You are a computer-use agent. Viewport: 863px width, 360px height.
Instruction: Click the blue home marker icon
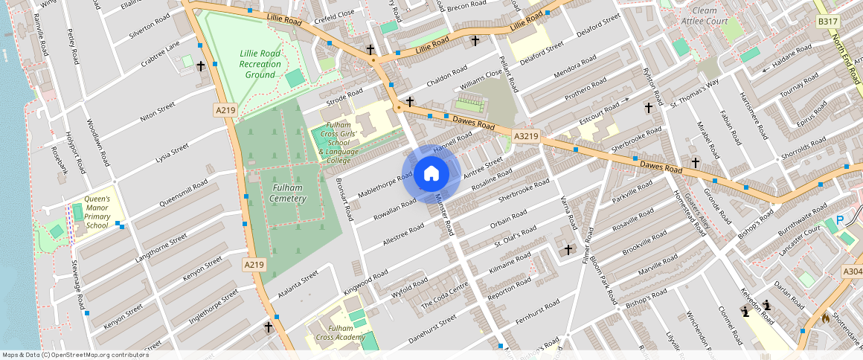(431, 174)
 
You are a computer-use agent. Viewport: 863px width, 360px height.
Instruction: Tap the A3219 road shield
(526, 136)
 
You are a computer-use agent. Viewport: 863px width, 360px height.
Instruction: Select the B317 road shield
(827, 22)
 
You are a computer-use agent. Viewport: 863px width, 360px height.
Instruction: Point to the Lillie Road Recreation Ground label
(260, 64)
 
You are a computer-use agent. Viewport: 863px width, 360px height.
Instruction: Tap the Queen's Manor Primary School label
(97, 212)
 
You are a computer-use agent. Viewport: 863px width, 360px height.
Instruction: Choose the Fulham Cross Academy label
(340, 332)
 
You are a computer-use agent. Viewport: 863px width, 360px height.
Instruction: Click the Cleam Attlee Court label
(709, 16)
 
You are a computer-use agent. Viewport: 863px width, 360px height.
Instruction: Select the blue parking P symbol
(840, 220)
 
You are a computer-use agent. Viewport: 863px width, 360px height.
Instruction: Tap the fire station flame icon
(825, 317)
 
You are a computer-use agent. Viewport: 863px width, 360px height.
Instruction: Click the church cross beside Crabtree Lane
(200, 66)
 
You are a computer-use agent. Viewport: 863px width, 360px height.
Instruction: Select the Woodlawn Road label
(98, 142)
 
